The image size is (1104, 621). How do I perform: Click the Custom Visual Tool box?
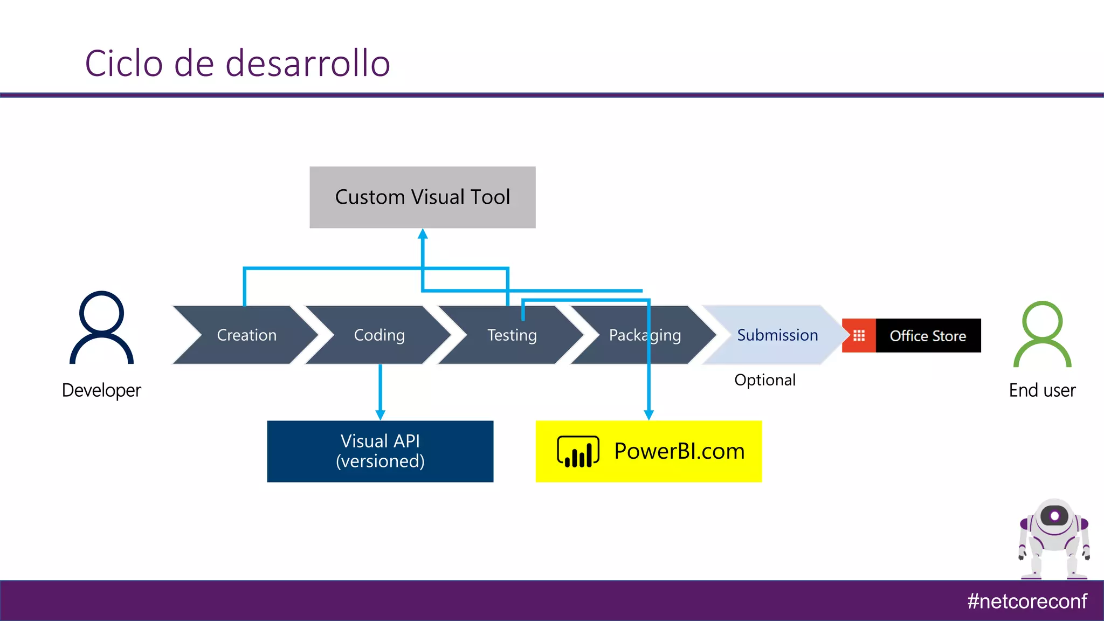pyautogui.click(x=422, y=197)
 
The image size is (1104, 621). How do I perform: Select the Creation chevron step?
pyautogui.click(x=246, y=335)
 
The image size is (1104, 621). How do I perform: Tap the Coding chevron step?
pyautogui.click(x=379, y=335)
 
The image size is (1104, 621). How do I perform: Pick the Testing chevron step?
pyautogui.click(x=512, y=335)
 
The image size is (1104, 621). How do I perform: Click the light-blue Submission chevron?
pyautogui.click(x=777, y=335)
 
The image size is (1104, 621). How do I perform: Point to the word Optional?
pyautogui.click(x=764, y=380)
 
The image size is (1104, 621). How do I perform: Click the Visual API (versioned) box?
pyautogui.click(x=380, y=451)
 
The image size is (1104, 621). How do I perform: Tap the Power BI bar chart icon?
pyautogui.click(x=578, y=452)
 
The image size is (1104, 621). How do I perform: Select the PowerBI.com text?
pyautogui.click(x=679, y=451)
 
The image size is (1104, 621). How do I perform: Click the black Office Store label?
pyautogui.click(x=928, y=336)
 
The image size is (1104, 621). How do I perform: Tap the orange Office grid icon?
pyautogui.click(x=859, y=336)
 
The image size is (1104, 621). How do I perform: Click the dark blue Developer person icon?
pyautogui.click(x=101, y=328)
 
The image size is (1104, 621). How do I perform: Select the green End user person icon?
pyautogui.click(x=1042, y=334)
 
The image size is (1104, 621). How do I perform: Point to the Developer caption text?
pyautogui.click(x=101, y=390)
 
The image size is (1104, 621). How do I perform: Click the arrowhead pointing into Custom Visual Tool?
pyautogui.click(x=423, y=234)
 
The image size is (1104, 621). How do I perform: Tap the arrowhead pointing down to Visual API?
pyautogui.click(x=380, y=414)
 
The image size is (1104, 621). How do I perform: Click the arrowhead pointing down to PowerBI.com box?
pyautogui.click(x=648, y=414)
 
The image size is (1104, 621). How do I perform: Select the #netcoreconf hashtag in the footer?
pyautogui.click(x=1026, y=601)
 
